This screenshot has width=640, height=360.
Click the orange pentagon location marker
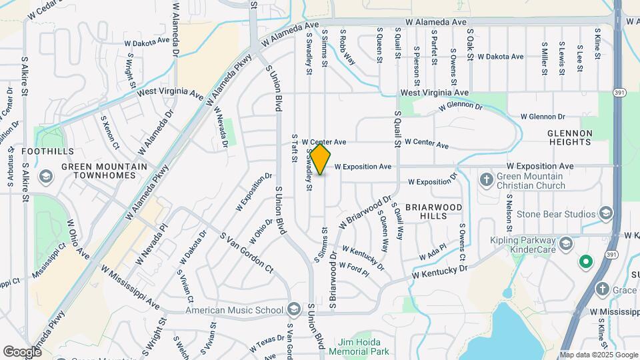pos(321,160)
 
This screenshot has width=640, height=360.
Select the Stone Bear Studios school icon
pos(606,213)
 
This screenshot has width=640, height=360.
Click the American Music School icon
pos(294,309)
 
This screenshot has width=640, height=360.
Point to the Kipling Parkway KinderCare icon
pos(566,242)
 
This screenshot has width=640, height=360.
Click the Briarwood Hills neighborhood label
pos(433,212)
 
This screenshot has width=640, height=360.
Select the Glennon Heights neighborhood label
pos(570,137)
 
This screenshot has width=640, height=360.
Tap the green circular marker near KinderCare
pos(586,261)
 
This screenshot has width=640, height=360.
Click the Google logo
pos(23,351)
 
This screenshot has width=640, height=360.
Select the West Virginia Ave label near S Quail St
pos(435,93)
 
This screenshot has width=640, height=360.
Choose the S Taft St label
pos(294,147)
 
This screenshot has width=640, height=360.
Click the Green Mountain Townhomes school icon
pos(45,176)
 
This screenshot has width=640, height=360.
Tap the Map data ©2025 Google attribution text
pos(598,354)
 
